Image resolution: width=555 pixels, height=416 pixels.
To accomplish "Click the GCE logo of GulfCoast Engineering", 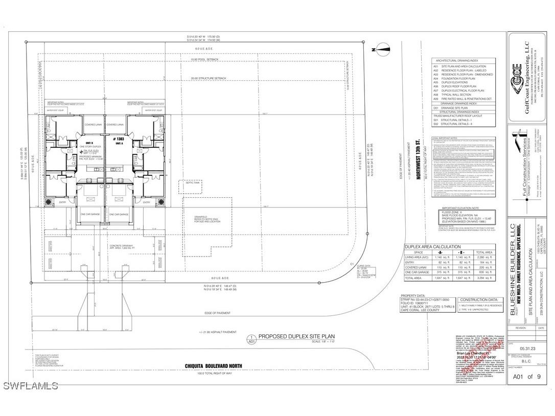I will pos(517,68).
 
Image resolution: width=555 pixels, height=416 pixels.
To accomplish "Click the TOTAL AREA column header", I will pos(483,252).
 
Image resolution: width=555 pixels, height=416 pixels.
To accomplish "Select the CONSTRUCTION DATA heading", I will pos(478,300).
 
